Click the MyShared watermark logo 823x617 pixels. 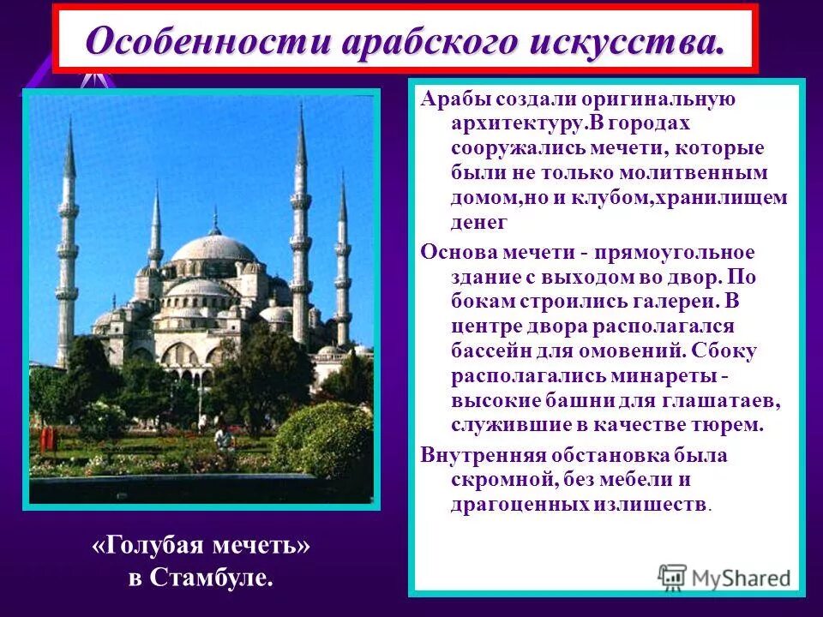(724, 577)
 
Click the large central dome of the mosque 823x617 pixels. (214, 249)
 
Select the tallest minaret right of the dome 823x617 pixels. (300, 223)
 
